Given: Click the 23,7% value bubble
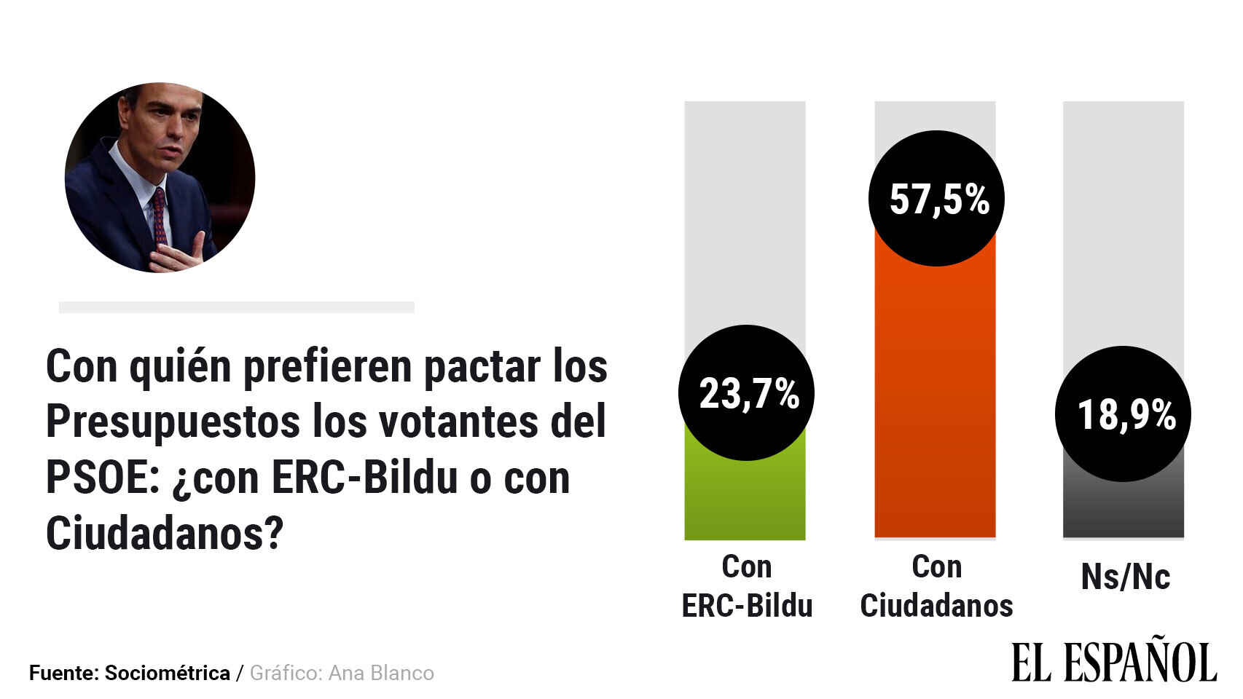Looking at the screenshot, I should [x=746, y=393].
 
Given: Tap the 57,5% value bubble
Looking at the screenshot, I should [x=936, y=198].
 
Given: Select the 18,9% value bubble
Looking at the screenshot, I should [x=1123, y=414].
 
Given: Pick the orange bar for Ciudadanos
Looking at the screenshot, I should [x=935, y=400].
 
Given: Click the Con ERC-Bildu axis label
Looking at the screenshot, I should [x=747, y=586].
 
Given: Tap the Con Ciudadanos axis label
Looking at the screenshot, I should [x=936, y=586].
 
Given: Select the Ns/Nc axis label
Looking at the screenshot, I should [x=1125, y=577].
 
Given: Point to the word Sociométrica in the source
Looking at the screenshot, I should [x=167, y=673].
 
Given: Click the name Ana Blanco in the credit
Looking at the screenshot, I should [x=381, y=673].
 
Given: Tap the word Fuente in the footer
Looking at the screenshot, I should [x=62, y=673].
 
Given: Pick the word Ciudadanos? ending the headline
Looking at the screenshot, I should [x=164, y=534].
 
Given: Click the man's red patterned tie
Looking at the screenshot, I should [x=159, y=215].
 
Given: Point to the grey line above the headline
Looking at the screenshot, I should [x=236, y=307].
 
